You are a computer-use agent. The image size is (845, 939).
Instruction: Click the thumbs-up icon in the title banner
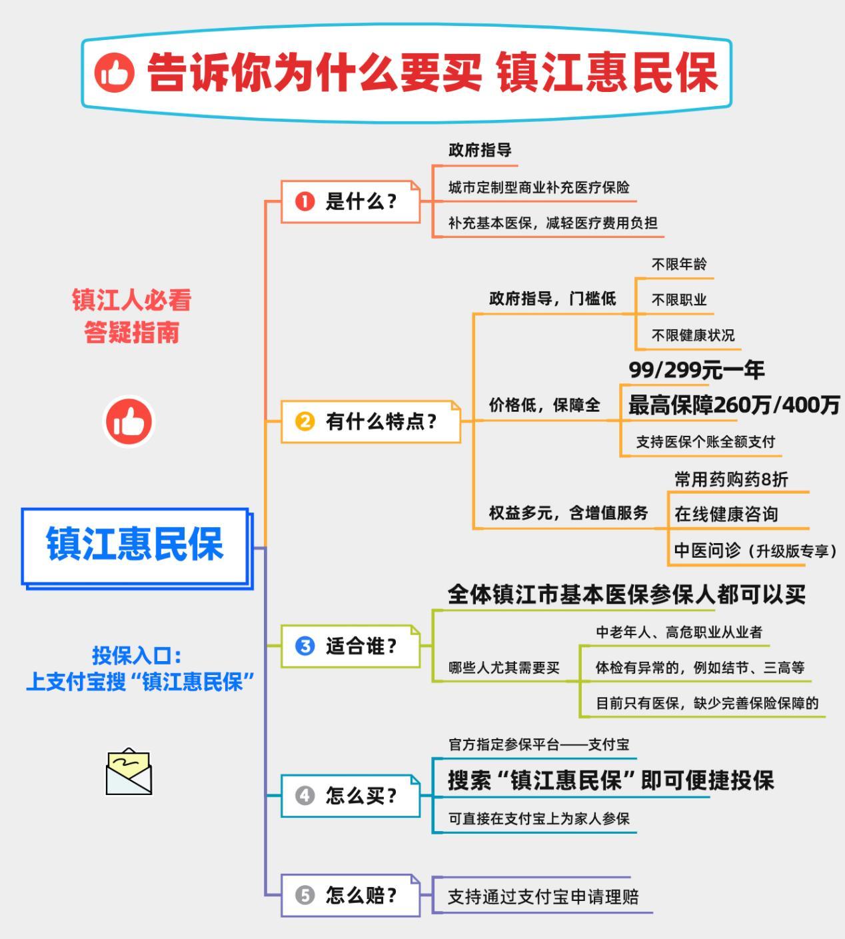[x=115, y=73]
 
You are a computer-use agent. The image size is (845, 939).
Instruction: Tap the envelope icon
[x=129, y=772]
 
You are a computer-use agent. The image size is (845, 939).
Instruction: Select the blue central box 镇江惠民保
[x=135, y=546]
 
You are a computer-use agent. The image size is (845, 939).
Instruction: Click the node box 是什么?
[x=350, y=202]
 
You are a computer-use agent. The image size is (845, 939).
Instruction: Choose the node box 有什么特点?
[x=371, y=421]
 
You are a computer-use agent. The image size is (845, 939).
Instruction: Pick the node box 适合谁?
[x=350, y=646]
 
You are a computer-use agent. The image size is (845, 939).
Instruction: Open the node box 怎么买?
[x=350, y=796]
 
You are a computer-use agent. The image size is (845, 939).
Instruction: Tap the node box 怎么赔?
[x=350, y=895]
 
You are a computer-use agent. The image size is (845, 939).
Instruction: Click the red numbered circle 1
[x=305, y=202]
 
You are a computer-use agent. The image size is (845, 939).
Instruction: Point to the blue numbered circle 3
[x=305, y=646]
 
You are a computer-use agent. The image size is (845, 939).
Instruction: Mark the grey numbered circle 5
[x=305, y=895]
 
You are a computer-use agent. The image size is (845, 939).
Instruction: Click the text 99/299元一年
[x=696, y=370]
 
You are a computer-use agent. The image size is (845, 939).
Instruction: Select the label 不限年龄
[x=679, y=264]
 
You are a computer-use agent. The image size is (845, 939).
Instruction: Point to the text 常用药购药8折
[x=731, y=479]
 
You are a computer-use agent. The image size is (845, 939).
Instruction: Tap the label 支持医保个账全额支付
[x=706, y=441]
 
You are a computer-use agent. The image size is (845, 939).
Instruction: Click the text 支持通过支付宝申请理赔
[x=543, y=896]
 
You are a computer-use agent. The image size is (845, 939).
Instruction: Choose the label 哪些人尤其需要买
[x=504, y=668]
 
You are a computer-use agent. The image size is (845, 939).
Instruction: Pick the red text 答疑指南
[x=131, y=333]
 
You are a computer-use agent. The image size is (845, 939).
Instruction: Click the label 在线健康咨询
[x=726, y=514]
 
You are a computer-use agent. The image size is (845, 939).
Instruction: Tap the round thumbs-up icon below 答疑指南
[x=129, y=421]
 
